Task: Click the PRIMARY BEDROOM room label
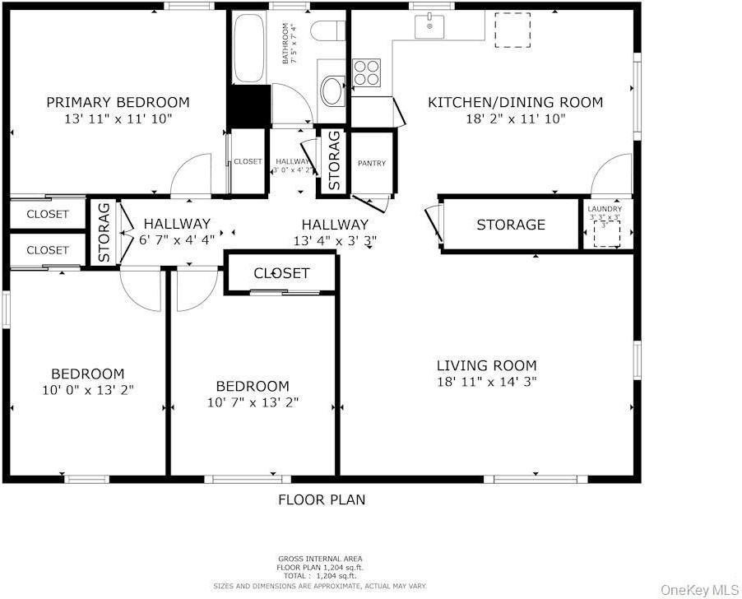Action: point(118,103)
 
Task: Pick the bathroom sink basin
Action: point(333,91)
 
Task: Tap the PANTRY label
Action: point(372,164)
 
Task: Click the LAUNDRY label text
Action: point(605,209)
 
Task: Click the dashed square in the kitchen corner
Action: point(512,30)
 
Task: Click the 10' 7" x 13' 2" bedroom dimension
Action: point(253,402)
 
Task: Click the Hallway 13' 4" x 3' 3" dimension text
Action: point(335,240)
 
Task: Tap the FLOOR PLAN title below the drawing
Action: point(322,499)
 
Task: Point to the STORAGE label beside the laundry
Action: point(511,225)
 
